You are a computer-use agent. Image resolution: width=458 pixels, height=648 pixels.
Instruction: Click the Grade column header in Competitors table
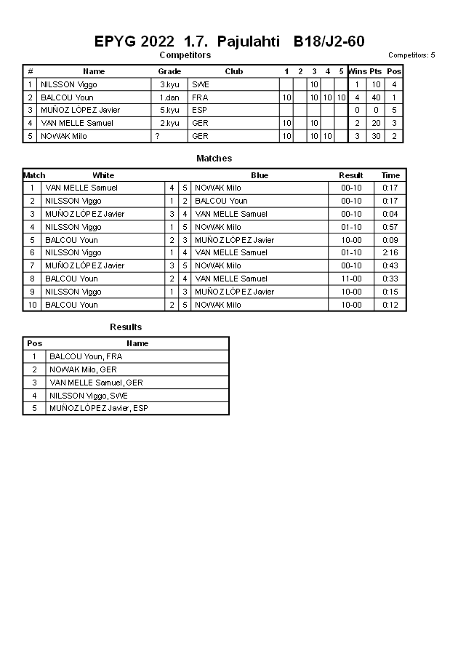[x=169, y=71]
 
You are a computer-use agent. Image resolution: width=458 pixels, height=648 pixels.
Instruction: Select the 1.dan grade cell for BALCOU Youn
[x=169, y=97]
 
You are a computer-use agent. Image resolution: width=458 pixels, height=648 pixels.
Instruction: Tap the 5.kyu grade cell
[x=169, y=111]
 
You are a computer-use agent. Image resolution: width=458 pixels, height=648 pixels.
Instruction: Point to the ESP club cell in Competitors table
[x=200, y=111]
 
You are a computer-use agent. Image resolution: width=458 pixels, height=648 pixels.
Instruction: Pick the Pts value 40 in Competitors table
[x=376, y=97]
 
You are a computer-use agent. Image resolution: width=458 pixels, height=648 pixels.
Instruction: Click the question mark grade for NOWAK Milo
[x=157, y=136]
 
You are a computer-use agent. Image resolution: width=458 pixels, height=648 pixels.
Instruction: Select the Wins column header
[x=358, y=71]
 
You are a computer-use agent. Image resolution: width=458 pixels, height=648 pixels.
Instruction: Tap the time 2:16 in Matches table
[x=390, y=252]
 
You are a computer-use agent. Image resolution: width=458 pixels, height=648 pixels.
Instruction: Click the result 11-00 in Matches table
[x=351, y=279]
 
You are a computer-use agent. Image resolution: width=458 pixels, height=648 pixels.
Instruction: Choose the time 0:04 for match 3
[x=390, y=214]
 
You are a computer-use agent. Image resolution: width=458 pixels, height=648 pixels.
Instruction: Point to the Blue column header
[x=260, y=175]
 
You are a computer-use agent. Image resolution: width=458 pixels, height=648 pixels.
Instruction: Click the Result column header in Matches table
[x=351, y=175]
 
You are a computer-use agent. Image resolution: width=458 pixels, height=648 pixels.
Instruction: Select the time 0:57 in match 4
[x=390, y=227]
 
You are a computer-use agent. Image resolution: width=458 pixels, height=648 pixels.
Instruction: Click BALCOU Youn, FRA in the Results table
[x=86, y=356]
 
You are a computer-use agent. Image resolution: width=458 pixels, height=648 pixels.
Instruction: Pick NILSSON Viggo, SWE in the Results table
[x=89, y=396]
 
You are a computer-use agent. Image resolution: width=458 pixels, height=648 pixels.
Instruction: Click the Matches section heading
[x=214, y=158]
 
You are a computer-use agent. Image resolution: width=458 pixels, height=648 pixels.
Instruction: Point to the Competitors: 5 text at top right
[x=411, y=55]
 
